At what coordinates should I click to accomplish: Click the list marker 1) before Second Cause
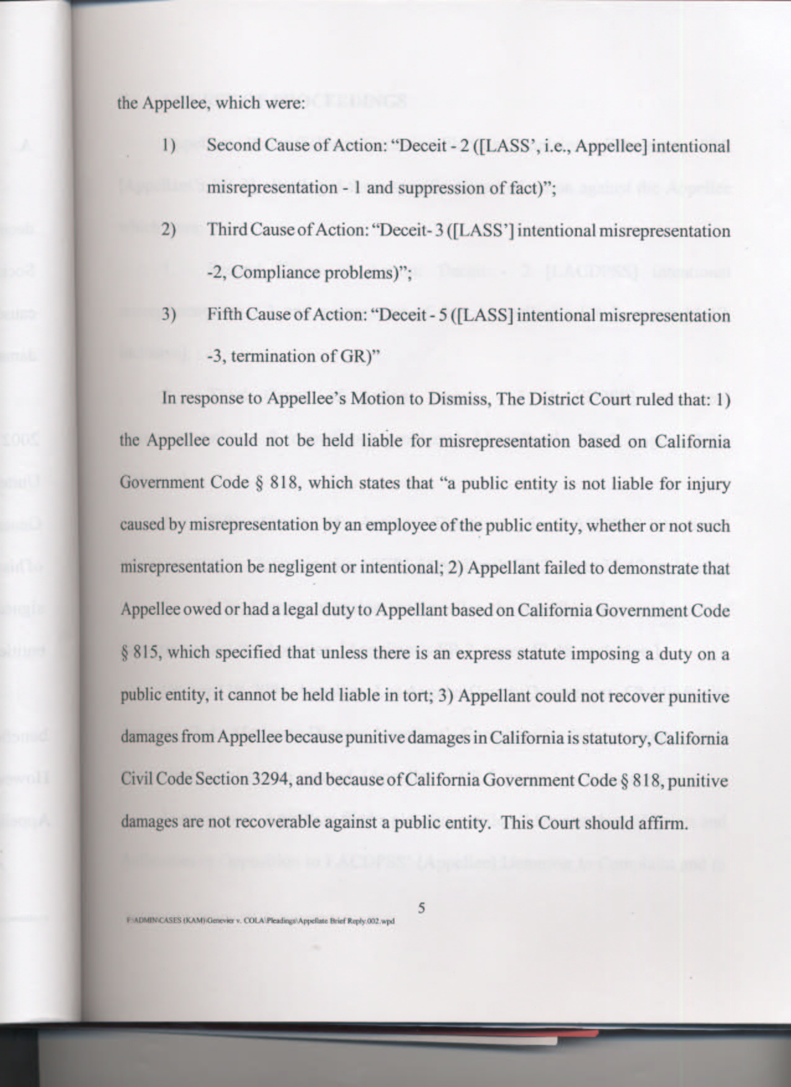[169, 146]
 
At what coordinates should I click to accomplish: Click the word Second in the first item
[230, 146]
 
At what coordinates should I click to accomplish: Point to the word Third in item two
[224, 231]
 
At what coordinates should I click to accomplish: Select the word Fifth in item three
[224, 315]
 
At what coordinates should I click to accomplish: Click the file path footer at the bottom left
[261, 921]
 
